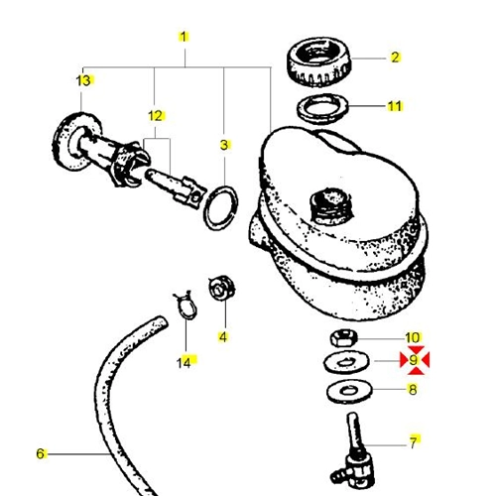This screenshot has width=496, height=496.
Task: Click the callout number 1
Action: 184,37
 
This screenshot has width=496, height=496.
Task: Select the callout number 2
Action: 395,58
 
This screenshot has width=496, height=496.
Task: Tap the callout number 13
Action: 83,80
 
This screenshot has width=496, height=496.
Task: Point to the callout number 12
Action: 156,116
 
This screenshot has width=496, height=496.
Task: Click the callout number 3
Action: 224,145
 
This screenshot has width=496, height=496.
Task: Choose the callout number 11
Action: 395,106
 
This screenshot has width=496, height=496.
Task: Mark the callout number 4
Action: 223,337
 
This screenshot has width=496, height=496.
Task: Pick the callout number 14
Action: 184,363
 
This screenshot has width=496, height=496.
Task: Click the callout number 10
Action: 413,338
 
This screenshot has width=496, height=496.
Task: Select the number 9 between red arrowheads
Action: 414,360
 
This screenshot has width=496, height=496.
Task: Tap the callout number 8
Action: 413,390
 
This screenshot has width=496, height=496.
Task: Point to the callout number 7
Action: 414,442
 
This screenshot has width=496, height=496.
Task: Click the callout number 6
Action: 40,453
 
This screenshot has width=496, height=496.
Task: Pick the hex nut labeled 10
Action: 344,337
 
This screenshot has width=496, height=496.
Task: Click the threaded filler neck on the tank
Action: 331,206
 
